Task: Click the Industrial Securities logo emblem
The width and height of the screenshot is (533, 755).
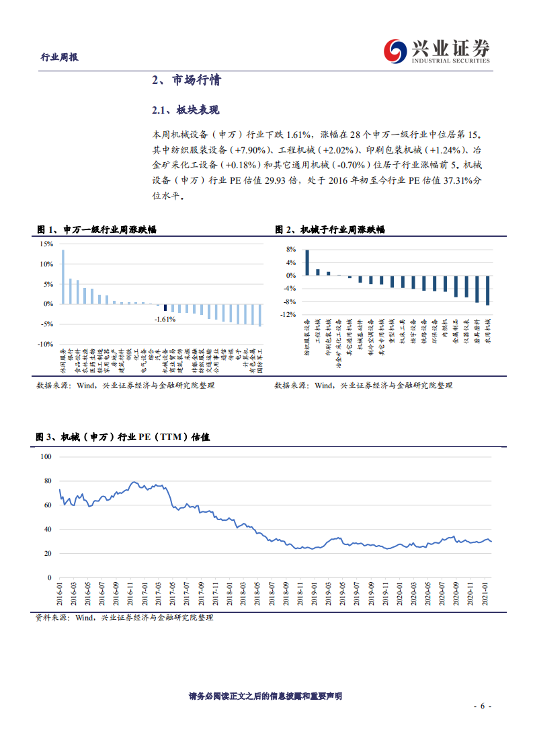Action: click(395, 50)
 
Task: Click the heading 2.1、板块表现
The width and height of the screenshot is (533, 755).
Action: click(186, 110)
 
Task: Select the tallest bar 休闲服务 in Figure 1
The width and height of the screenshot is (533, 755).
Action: click(63, 277)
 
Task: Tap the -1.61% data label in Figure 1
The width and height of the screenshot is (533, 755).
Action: click(165, 319)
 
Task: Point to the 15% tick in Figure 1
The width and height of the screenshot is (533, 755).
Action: click(46, 244)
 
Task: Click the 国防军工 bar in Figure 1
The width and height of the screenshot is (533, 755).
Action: click(260, 315)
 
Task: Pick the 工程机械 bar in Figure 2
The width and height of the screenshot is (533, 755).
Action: click(318, 272)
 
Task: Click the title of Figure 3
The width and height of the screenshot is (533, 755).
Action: click(123, 437)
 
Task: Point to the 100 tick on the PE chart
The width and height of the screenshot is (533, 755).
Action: click(46, 456)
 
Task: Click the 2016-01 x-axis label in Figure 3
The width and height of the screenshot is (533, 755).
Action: click(59, 596)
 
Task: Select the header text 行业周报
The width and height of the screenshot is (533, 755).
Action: click(60, 58)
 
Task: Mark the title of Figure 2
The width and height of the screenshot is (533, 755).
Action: click(330, 230)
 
